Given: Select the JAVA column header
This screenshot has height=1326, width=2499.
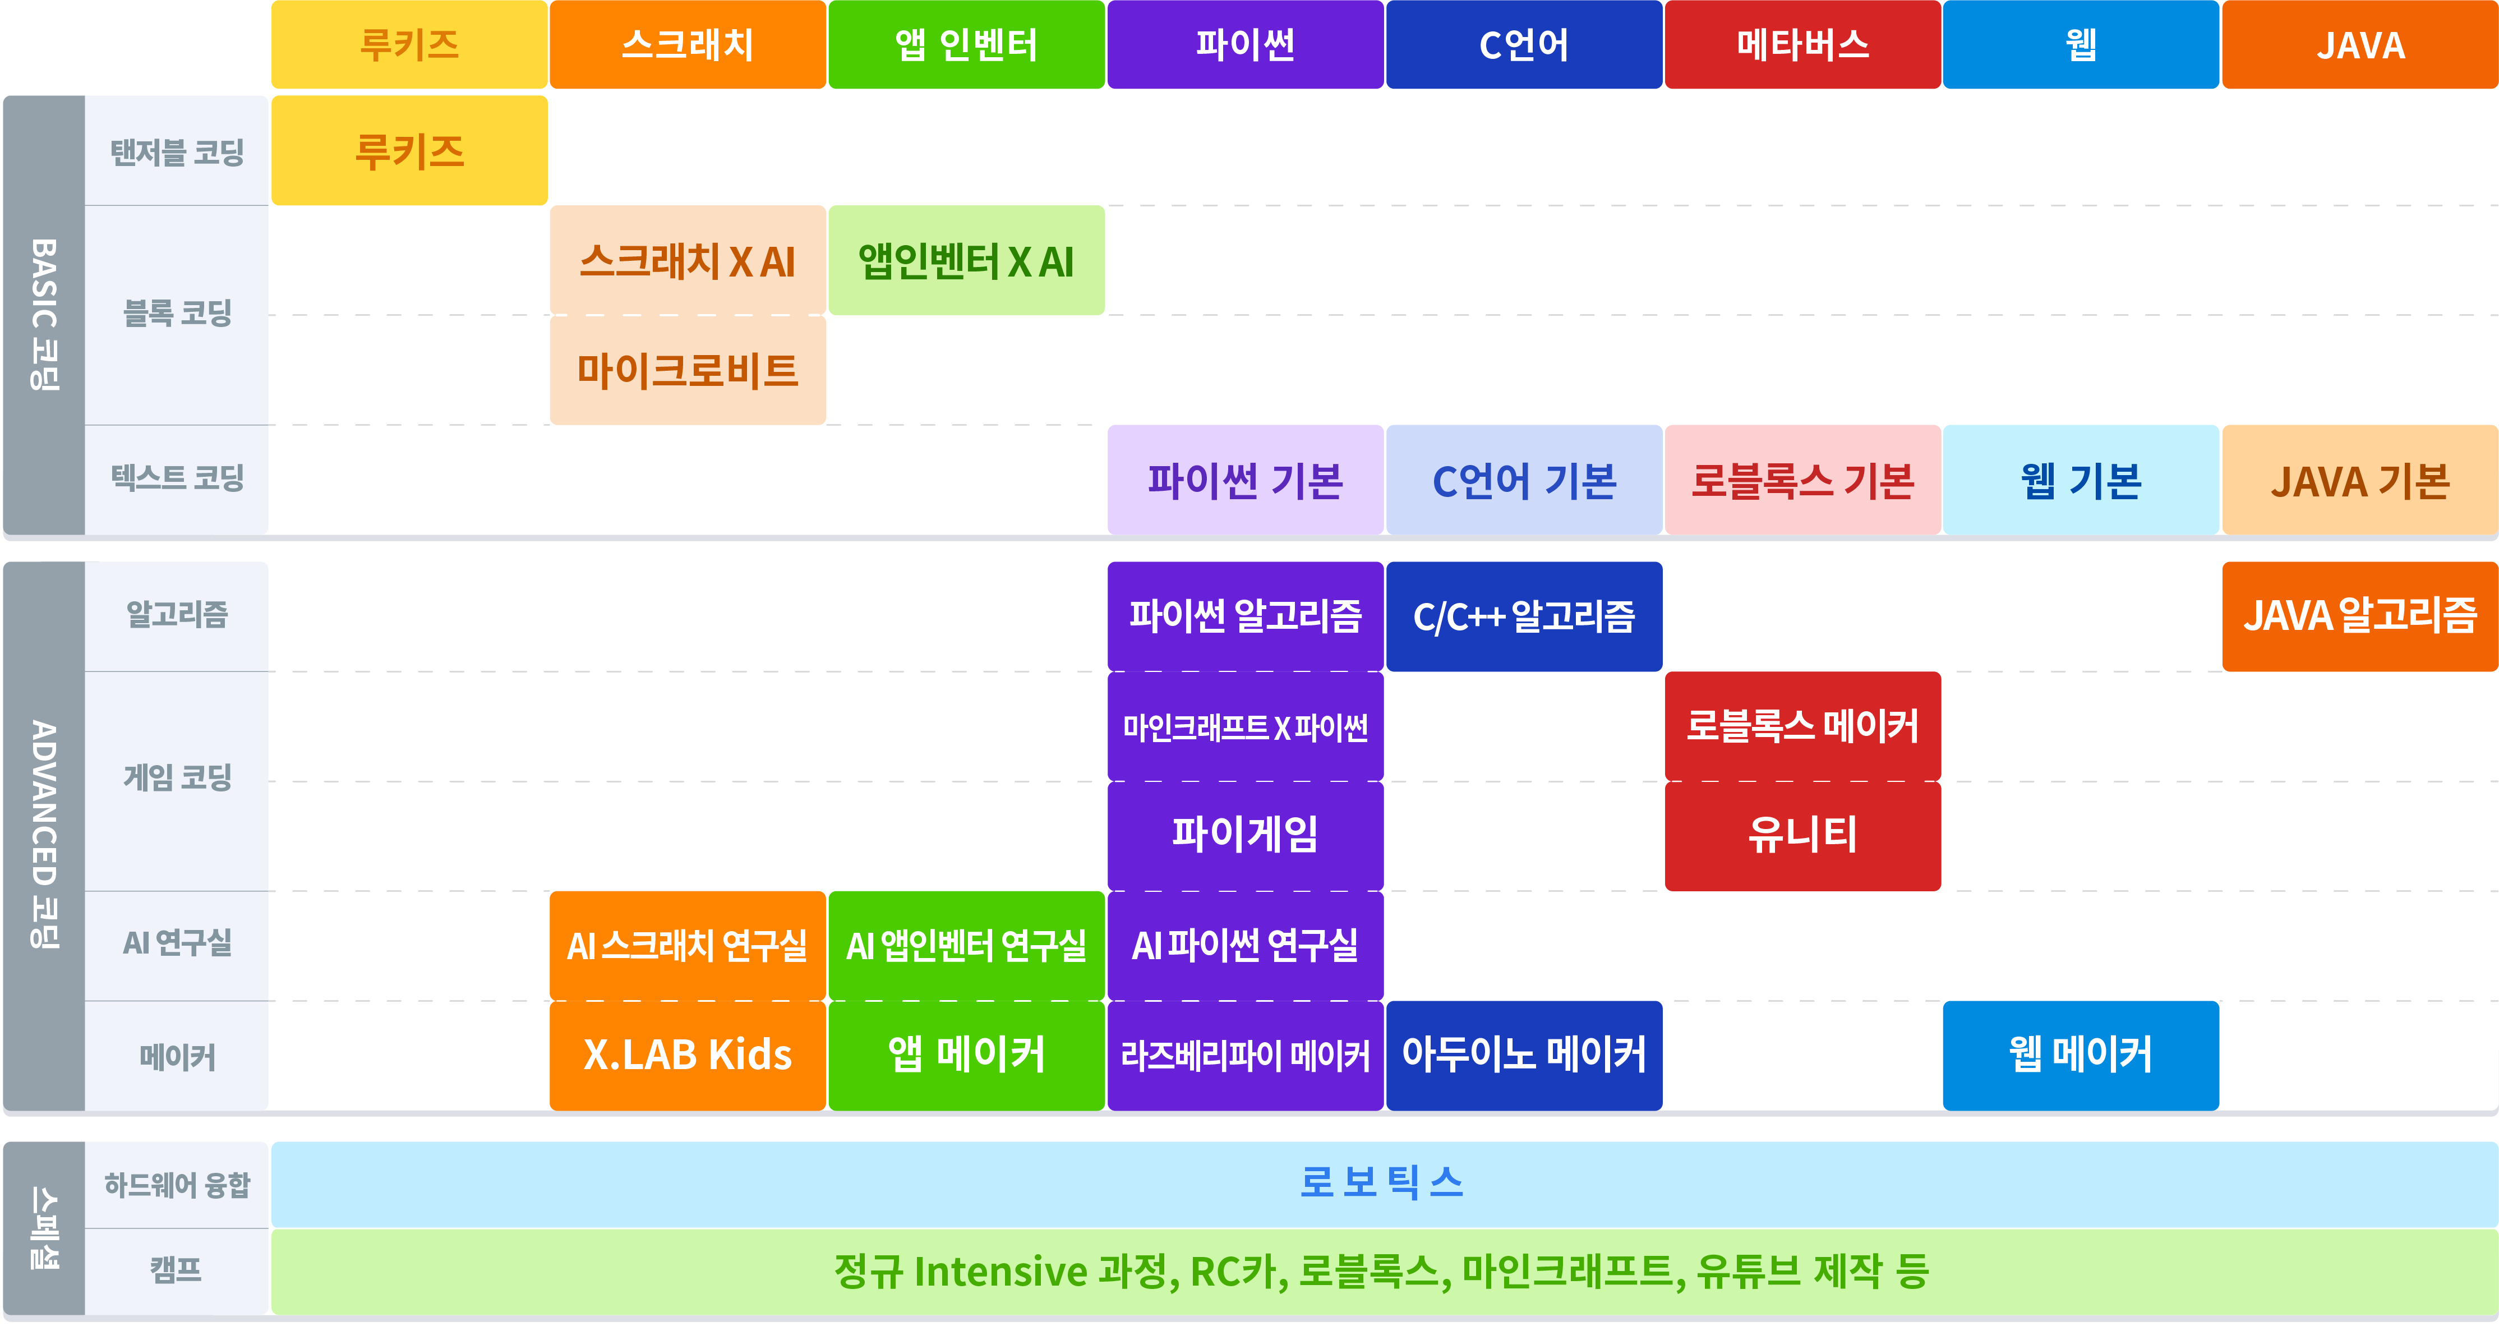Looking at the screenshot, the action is pyautogui.click(x=2360, y=45).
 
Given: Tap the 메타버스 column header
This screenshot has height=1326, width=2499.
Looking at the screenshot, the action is pyautogui.click(x=1802, y=45).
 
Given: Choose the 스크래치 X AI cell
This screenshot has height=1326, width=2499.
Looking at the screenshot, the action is pyautogui.click(x=688, y=260).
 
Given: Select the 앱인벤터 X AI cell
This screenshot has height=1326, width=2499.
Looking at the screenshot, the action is pyautogui.click(x=966, y=260).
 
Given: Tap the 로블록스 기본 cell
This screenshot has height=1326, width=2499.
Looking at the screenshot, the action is pyautogui.click(x=1802, y=480).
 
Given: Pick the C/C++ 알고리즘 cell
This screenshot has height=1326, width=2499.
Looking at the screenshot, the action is pyautogui.click(x=1524, y=616).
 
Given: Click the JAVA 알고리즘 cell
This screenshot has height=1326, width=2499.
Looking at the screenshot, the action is pyautogui.click(x=2360, y=616).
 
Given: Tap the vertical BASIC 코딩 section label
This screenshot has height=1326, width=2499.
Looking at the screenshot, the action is pyautogui.click(x=44, y=314).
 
